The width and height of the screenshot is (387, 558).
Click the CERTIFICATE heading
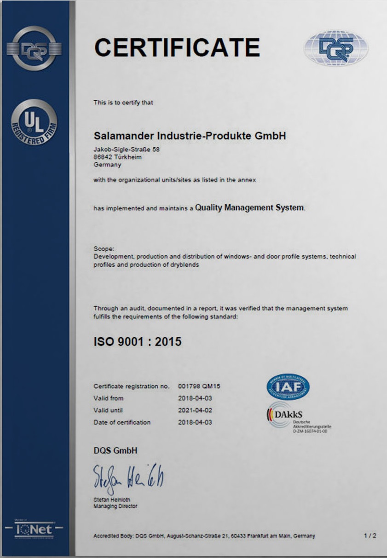(x=177, y=47)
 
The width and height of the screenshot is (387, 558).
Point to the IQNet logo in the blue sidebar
(x=34, y=529)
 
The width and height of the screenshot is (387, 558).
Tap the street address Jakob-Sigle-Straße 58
(x=127, y=150)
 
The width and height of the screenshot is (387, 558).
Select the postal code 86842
(x=102, y=157)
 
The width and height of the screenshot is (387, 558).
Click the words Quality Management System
(x=249, y=207)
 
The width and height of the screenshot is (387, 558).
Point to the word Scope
(x=101, y=249)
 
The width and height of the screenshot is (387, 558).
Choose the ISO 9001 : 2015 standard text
(x=138, y=342)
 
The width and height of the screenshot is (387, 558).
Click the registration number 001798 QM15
(x=202, y=386)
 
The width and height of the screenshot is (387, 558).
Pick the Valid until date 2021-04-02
(x=195, y=410)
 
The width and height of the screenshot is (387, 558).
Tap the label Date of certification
(x=122, y=422)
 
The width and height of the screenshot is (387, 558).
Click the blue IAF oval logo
(x=288, y=387)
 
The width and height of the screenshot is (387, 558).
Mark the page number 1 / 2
(x=370, y=536)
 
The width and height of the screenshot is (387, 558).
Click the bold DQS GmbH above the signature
(x=115, y=450)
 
